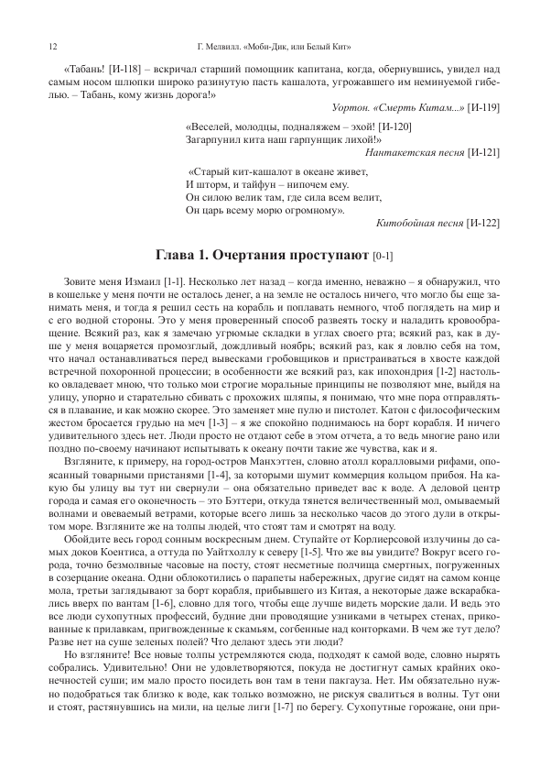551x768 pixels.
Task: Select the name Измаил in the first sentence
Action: pyautogui.click(x=146, y=276)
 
